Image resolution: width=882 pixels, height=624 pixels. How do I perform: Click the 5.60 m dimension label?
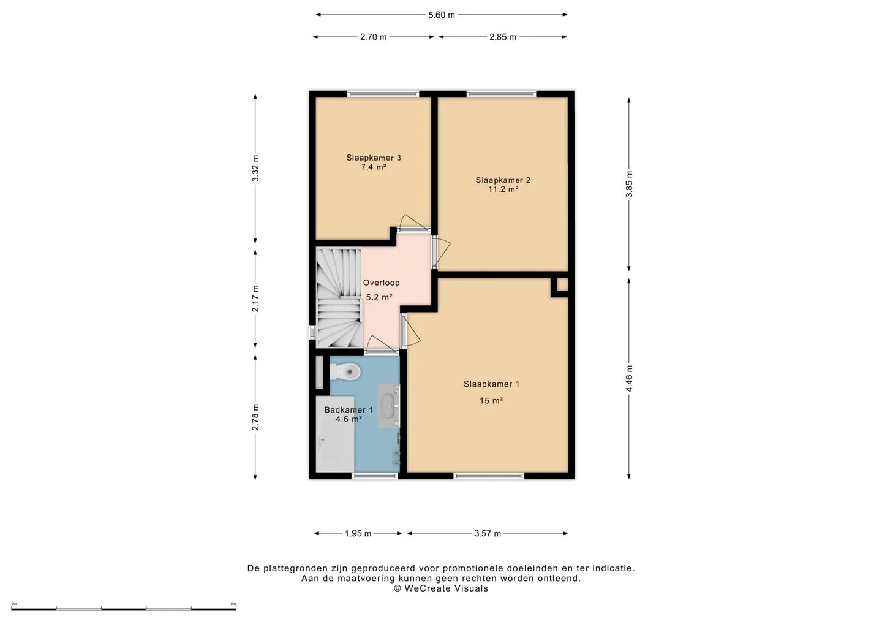442,15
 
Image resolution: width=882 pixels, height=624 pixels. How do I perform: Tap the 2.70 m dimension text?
373,37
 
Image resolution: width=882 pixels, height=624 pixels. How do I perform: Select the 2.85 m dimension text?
502,37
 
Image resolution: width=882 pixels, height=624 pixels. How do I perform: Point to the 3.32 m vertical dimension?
255,168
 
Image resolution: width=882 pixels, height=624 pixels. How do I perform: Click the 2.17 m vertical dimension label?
255,299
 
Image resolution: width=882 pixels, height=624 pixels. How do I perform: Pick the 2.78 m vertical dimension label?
255,417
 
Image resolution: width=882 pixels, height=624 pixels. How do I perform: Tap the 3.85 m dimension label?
629,185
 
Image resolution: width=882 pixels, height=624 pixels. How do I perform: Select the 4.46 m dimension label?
629,378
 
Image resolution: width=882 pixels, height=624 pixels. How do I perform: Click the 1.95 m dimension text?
358,533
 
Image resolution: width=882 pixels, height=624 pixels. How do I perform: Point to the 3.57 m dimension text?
488,533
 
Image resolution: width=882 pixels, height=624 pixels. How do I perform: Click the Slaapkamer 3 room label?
373,158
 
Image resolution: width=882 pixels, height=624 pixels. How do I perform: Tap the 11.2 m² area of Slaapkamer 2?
503,189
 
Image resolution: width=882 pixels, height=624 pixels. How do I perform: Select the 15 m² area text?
491,401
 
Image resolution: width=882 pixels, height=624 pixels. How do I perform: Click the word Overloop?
381,283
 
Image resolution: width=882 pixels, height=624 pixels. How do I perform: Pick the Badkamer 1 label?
349,409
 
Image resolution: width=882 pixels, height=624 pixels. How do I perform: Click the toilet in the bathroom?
345,371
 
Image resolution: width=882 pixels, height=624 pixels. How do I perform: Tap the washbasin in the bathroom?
388,406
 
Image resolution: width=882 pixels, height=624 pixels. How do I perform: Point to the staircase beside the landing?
339,297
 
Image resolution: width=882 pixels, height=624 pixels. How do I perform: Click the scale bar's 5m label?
233,604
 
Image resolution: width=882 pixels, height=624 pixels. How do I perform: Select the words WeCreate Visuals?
446,588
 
